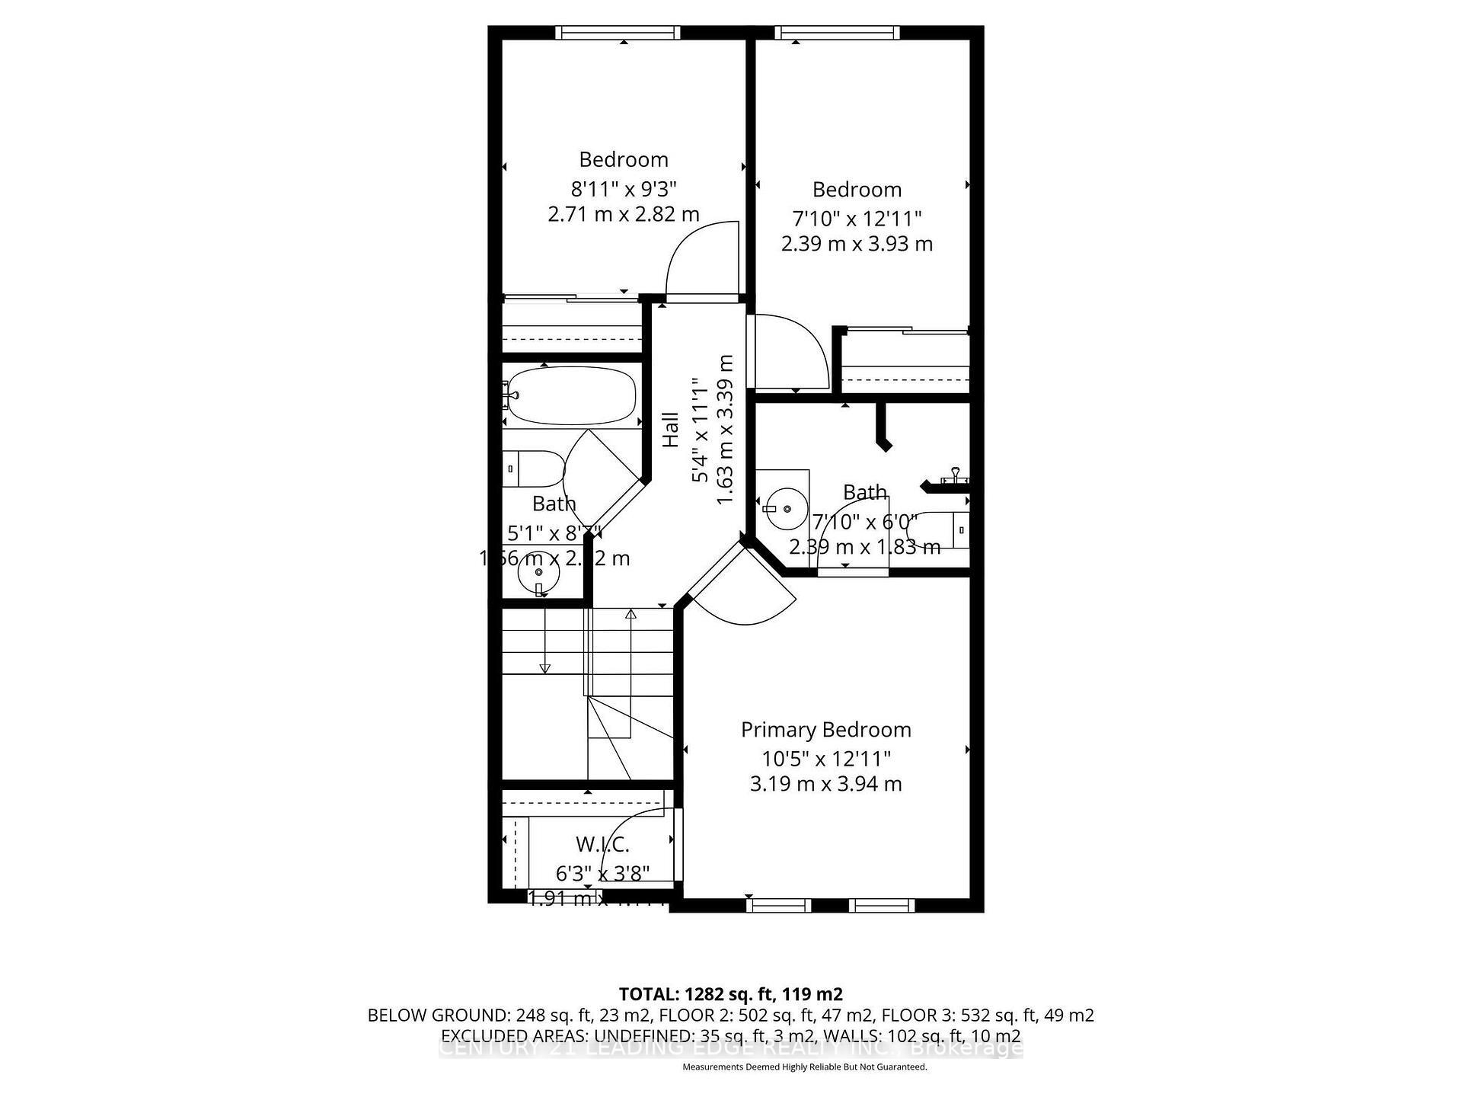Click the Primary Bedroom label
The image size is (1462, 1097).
825,730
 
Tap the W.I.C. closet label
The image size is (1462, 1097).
602,844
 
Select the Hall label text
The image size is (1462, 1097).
670,430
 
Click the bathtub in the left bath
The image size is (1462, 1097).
571,396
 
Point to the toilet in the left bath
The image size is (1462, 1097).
533,469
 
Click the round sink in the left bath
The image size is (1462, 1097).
538,572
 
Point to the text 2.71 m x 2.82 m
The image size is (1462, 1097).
624,214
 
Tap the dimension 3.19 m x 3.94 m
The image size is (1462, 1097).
825,784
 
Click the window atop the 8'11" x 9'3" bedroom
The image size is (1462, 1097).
617,33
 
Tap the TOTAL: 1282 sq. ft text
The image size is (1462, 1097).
729,994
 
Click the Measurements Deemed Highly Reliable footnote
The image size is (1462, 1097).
804,1067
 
